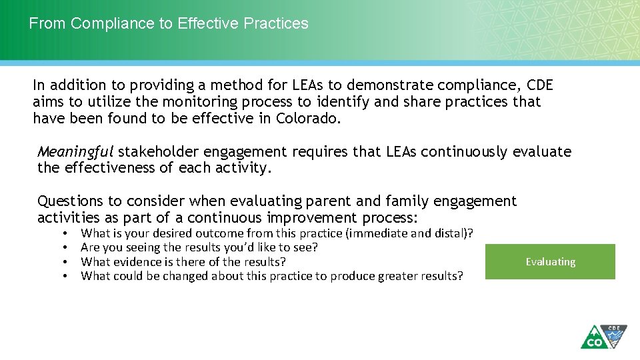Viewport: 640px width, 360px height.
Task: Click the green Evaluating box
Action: click(550, 261)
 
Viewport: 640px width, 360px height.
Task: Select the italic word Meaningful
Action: click(75, 152)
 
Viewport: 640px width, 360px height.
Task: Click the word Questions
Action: click(69, 201)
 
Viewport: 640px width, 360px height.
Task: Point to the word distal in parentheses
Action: click(452, 233)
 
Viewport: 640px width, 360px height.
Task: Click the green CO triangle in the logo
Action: click(592, 339)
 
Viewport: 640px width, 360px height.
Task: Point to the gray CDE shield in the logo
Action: click(614, 333)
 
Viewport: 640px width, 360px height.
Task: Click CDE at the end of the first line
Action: click(539, 85)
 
